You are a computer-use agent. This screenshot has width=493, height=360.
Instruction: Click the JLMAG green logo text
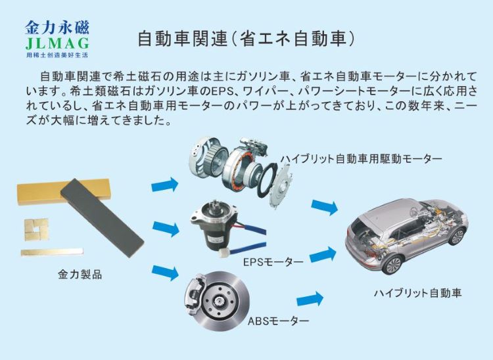(57, 43)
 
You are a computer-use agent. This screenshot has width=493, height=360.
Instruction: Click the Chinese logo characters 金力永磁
(57, 28)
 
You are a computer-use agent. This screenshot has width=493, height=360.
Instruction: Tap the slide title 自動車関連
(182, 39)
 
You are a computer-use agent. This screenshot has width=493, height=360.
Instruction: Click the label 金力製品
(80, 274)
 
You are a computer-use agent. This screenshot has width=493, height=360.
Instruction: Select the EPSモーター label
(273, 261)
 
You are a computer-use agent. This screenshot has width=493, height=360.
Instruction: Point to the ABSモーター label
(279, 321)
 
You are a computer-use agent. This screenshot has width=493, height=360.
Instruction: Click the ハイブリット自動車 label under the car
(417, 293)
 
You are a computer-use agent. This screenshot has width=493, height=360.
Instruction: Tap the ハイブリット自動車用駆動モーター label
(362, 158)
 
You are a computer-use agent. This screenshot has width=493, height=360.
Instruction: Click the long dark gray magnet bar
(102, 218)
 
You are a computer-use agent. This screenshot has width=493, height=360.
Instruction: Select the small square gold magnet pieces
(36, 229)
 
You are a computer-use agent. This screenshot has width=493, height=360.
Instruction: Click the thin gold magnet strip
(52, 252)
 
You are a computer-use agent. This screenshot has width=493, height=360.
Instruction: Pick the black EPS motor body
(213, 233)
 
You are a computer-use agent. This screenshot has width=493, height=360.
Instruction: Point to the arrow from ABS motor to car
(310, 299)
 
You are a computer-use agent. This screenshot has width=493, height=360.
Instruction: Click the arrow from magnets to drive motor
(165, 185)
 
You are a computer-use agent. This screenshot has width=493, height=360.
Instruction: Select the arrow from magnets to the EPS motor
(166, 229)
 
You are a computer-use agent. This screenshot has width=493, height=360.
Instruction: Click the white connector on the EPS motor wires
(225, 252)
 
